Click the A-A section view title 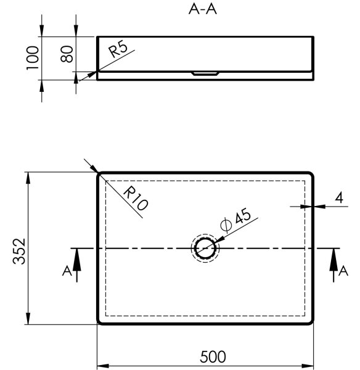202,9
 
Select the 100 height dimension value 33,58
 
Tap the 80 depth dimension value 67,54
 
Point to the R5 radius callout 118,49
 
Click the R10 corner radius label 136,198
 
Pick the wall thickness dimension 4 339,198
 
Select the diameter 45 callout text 235,220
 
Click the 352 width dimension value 19,252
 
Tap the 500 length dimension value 213,357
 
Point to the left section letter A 67,271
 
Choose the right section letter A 343,271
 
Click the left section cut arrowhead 77,260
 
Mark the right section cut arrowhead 333,260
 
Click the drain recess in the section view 205,73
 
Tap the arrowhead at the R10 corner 94,169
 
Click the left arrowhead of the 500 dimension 103,366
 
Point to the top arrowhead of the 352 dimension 28,178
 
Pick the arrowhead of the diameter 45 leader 219,240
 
